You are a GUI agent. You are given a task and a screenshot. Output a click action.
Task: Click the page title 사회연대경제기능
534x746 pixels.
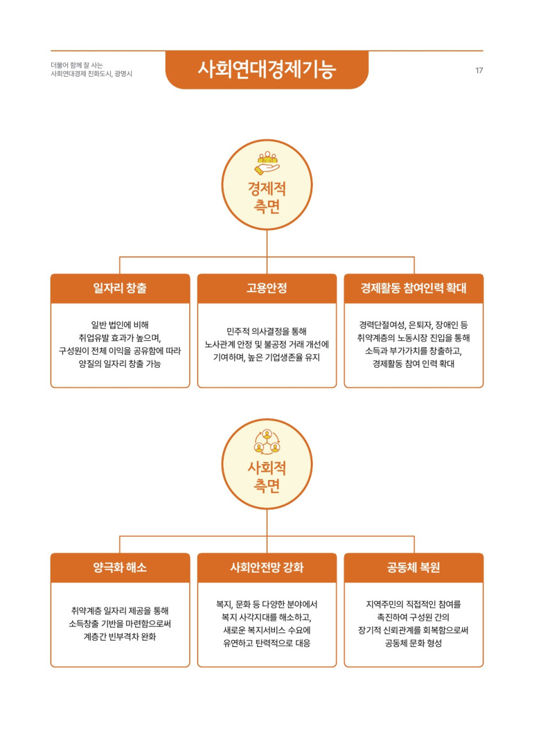267,70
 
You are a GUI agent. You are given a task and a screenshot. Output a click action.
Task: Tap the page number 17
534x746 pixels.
479,70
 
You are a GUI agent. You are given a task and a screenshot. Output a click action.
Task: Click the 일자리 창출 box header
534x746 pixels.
120,288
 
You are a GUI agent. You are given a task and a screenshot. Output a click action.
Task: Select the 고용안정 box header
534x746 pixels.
267,288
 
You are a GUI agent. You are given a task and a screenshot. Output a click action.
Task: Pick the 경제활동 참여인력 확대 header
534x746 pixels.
413,288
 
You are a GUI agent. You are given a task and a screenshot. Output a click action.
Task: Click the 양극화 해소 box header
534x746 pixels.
120,567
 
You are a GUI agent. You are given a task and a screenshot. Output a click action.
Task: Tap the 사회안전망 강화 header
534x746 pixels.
267,567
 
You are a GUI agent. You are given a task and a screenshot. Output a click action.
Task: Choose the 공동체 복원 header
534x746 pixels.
413,567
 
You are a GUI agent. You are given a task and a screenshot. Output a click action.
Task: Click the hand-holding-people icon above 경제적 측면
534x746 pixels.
267,163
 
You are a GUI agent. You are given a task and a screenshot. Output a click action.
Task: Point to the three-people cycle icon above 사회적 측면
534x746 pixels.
267,442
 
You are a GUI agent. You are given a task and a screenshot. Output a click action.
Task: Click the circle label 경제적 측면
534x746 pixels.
267,198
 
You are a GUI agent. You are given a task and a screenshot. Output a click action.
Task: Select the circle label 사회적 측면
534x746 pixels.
267,477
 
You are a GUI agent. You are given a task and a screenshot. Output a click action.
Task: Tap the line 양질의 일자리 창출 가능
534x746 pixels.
120,364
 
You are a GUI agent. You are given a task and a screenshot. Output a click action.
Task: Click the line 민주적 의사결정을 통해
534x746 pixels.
267,332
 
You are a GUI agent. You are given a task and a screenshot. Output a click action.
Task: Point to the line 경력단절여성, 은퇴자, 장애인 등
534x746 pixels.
413,325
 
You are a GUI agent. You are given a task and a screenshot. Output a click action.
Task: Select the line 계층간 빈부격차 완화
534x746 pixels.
120,637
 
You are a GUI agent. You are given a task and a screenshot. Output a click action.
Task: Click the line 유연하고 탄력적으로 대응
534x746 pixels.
267,643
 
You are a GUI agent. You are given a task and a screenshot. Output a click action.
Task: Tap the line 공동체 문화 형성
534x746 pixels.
413,643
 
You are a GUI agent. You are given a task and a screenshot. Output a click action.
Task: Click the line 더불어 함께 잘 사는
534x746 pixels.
77,65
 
